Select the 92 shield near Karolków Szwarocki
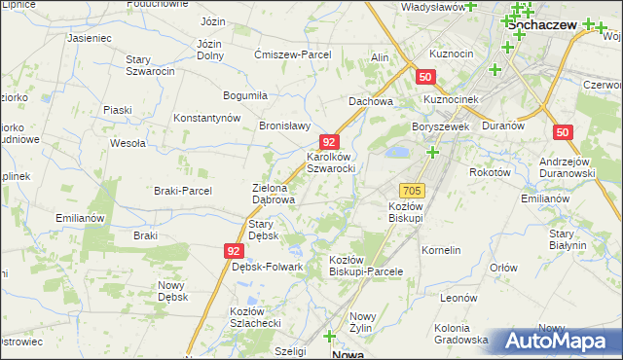330,142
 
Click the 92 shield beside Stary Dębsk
233,250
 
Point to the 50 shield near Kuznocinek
425,77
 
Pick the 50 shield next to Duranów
562,131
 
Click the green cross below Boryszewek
432,152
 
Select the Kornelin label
441,250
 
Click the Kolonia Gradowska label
461,334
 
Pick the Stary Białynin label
568,239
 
